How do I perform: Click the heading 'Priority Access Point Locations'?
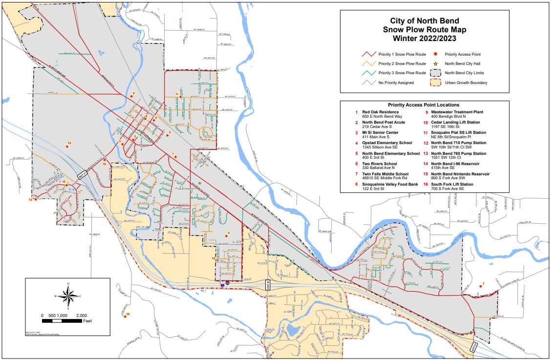(424, 105)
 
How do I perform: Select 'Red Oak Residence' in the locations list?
(381, 112)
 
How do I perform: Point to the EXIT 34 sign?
(474, 347)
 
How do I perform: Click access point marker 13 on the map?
(35, 199)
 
